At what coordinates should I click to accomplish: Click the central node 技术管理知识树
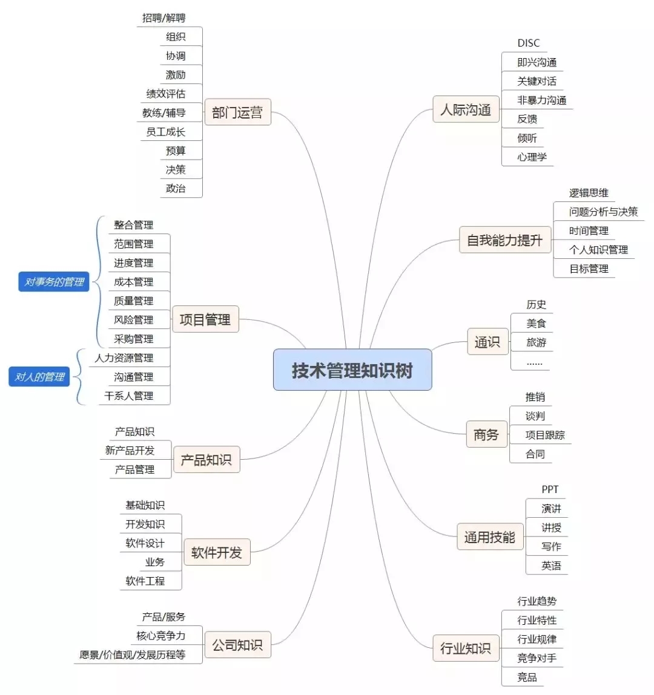tap(352, 370)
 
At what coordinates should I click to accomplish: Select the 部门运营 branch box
tap(237, 113)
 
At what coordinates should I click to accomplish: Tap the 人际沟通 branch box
tap(466, 109)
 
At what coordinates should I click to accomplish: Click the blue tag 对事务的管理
tap(54, 282)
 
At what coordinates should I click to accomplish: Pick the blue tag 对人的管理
tap(39, 377)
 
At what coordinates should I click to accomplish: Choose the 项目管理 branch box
tap(205, 319)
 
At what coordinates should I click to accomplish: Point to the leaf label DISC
tap(528, 43)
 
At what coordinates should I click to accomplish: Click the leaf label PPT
tap(550, 489)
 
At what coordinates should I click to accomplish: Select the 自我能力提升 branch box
tap(504, 240)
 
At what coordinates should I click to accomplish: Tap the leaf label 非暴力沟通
tap(541, 100)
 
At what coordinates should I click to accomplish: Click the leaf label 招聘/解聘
tap(163, 18)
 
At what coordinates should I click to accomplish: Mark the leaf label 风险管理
tap(133, 320)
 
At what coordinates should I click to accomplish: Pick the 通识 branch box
tap(487, 342)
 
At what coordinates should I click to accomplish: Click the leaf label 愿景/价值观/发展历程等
tap(133, 654)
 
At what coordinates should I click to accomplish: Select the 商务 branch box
tap(486, 434)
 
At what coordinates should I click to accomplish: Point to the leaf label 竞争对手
tap(537, 658)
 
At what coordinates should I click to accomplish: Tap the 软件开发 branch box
tap(216, 552)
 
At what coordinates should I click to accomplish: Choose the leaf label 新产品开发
tap(130, 451)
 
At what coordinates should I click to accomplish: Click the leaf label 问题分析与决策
tap(603, 212)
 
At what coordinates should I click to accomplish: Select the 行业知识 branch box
tap(465, 648)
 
